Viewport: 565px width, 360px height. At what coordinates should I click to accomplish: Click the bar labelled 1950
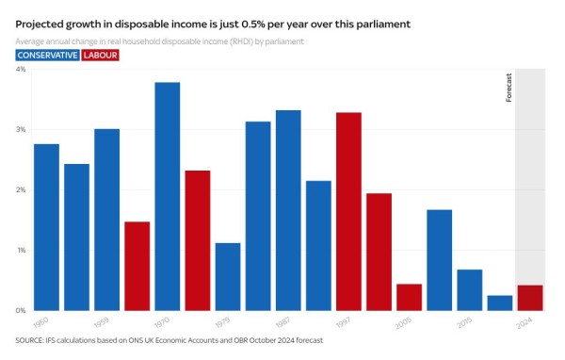click(46, 227)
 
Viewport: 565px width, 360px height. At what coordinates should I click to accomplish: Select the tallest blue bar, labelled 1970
click(167, 196)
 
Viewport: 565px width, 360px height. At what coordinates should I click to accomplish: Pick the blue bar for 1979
click(227, 276)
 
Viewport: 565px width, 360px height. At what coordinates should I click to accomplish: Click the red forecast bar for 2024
click(529, 298)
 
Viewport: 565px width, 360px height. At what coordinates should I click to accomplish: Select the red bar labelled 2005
click(409, 297)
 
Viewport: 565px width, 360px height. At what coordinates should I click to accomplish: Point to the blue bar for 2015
click(469, 289)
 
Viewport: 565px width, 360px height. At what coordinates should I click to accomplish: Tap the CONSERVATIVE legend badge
click(47, 56)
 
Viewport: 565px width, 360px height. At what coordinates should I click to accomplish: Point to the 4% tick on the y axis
click(20, 69)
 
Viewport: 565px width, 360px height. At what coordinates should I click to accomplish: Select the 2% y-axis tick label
click(20, 189)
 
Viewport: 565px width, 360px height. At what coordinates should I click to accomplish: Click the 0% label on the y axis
click(20, 310)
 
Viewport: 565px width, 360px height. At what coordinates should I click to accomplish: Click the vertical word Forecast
click(509, 87)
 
